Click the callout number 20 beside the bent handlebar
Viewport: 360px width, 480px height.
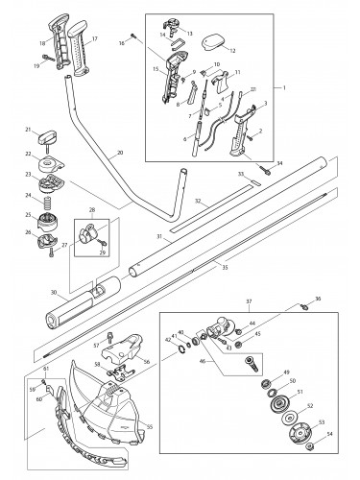click(x=118, y=153)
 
